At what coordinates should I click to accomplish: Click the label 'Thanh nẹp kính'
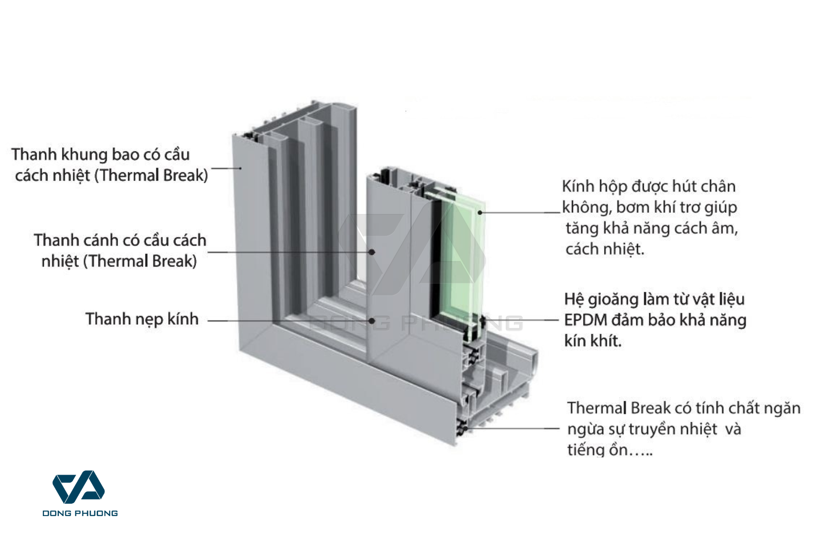pos(142,319)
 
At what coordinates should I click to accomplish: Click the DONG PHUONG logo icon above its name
pos(79,487)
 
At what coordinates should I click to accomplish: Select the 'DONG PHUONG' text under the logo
pos(80,513)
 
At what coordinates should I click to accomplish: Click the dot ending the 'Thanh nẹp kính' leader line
pos(372,321)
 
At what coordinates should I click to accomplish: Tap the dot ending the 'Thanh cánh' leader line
pos(372,252)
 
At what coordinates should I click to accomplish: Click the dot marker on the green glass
pos(480,212)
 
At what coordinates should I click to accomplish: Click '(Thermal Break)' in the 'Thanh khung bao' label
pos(151,176)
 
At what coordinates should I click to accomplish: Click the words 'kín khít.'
pos(593,341)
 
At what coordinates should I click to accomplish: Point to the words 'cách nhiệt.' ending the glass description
pos(605,249)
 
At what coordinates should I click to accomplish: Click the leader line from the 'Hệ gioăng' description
pos(524,321)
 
